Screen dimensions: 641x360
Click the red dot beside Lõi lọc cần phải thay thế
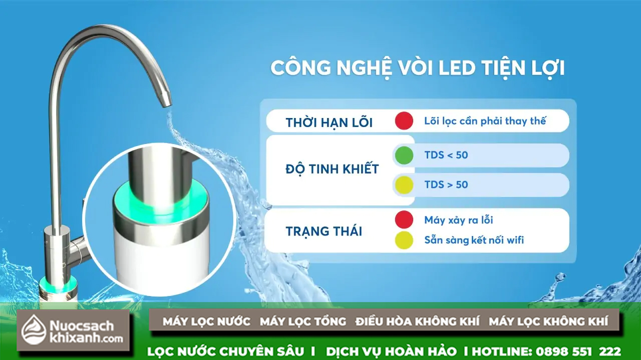pos(404,121)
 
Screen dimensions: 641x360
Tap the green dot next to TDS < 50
pos(404,155)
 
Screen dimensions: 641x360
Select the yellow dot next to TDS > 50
pos(404,185)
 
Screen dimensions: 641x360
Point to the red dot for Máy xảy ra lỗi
pos(404,219)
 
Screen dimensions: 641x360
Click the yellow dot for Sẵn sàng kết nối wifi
pos(404,240)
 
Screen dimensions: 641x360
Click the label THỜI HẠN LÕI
pos(329,123)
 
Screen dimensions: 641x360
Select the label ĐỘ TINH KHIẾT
pos(332,168)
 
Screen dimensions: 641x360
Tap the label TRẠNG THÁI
pos(324,231)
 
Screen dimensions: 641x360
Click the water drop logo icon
pos(34,329)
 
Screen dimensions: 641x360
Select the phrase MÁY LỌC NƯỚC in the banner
pos(206,321)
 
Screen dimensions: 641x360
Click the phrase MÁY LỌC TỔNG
pos(303,321)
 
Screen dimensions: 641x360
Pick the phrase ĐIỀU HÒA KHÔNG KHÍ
pos(418,321)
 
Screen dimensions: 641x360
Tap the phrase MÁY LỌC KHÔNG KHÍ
pos(548,321)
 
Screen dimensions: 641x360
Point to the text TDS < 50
pos(446,155)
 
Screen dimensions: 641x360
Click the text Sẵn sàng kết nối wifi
pos(474,240)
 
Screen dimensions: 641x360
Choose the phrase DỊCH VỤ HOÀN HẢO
pos(391,351)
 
